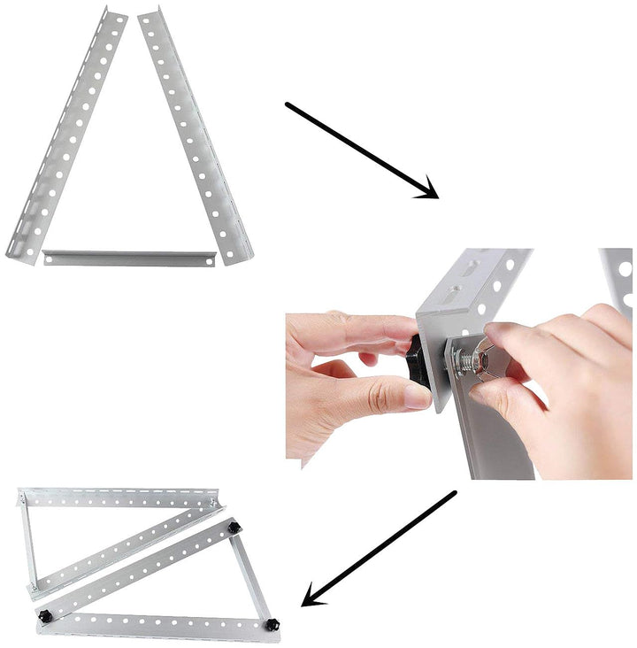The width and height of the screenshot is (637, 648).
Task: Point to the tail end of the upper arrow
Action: pyautogui.click(x=288, y=105)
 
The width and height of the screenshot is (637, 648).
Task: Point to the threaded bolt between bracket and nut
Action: pyautogui.click(x=455, y=359)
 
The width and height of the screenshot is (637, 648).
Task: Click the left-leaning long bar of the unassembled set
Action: pyautogui.click(x=66, y=133)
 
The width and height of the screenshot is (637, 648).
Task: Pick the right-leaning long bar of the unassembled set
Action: pyautogui.click(x=195, y=133)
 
